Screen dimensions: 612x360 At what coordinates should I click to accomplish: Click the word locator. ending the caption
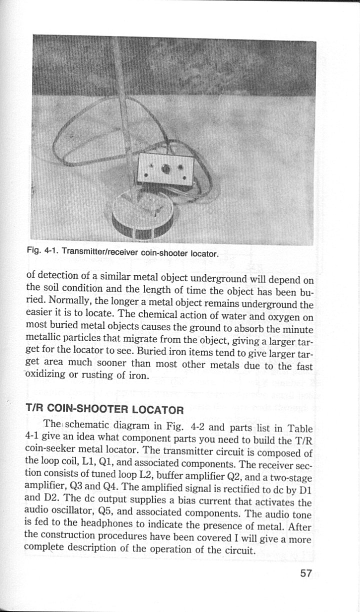click(203, 254)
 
